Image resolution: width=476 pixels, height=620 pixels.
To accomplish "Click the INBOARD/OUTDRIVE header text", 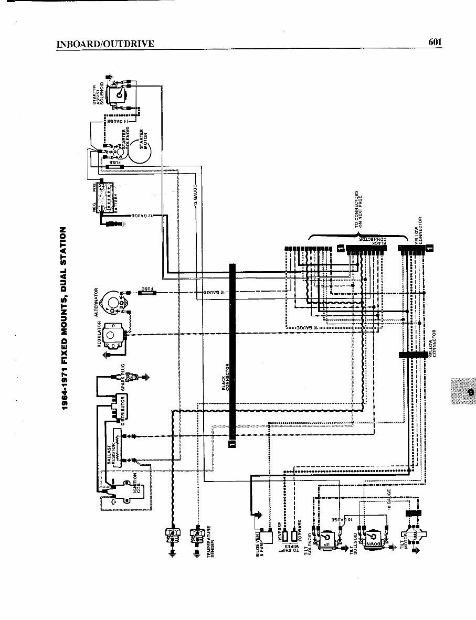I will [105, 44].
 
